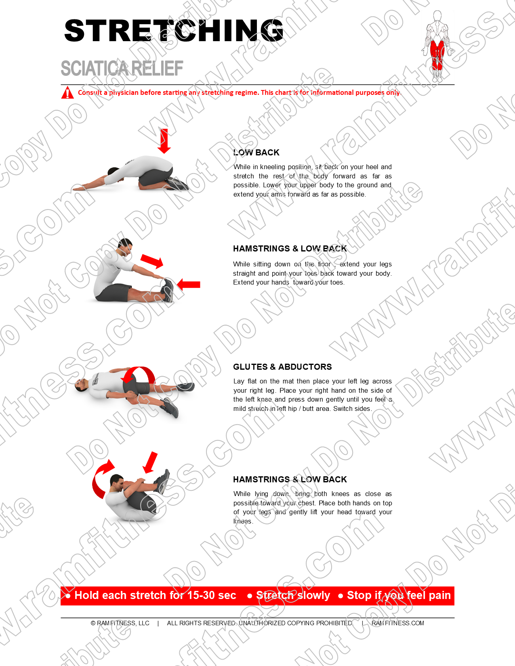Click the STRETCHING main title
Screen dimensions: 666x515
tap(174, 31)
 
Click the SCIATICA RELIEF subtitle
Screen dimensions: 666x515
tap(122, 69)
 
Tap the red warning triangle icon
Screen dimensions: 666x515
tap(67, 92)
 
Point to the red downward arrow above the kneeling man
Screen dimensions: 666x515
tap(164, 141)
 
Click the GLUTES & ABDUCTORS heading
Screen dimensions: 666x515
tap(282, 367)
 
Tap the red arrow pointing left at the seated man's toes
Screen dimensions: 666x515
tap(189, 285)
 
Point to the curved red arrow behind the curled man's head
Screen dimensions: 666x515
tap(101, 479)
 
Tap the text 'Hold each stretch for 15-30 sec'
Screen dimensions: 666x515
tap(155, 595)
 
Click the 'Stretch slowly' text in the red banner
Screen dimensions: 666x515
tap(293, 595)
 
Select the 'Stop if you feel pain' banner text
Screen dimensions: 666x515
tap(399, 595)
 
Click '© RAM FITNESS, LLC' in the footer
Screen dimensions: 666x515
tap(120, 623)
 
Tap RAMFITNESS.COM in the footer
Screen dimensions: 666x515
tap(398, 623)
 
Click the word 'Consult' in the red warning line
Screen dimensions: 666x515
tap(90, 92)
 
